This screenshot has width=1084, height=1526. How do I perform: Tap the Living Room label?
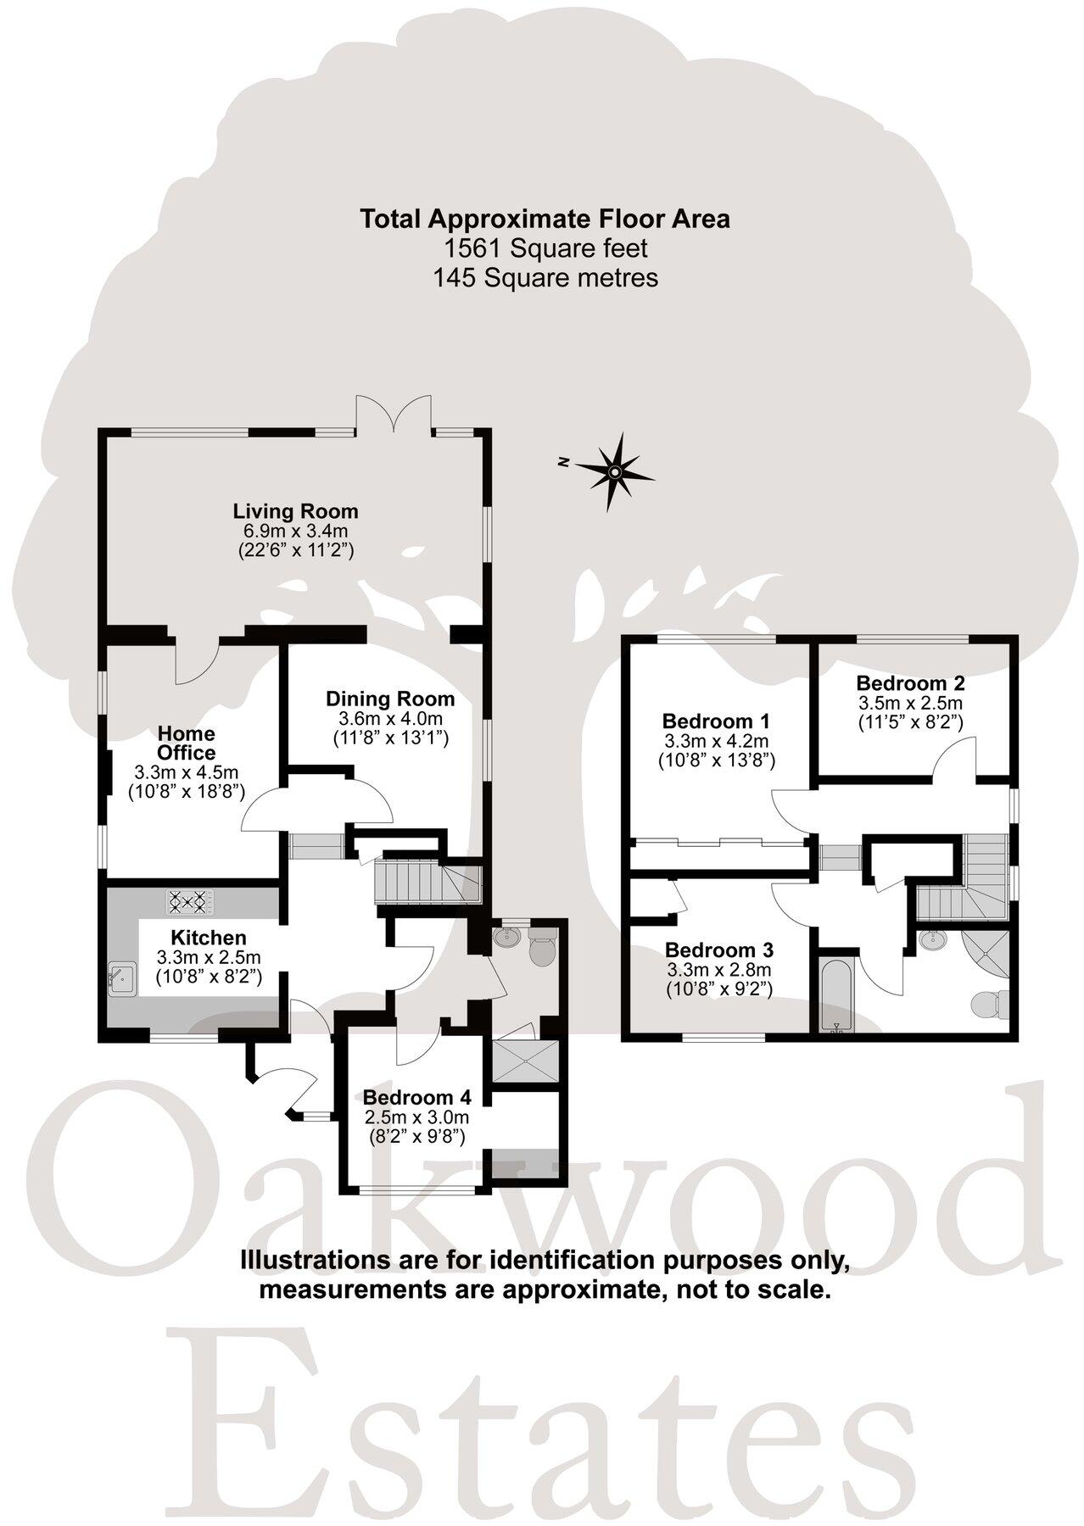[295, 511]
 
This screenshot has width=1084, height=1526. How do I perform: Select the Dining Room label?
[390, 699]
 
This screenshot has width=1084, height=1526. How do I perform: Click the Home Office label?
[186, 743]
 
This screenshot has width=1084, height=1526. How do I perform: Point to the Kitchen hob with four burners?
[191, 901]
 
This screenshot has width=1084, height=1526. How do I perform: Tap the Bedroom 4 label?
[416, 1096]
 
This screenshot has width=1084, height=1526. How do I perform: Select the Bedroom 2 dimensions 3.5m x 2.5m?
[910, 703]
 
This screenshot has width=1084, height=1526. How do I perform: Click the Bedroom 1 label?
[716, 721]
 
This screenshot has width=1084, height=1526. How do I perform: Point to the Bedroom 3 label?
[718, 950]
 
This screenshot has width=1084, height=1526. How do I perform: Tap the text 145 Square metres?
[545, 277]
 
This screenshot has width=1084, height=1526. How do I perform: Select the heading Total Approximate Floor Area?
[545, 219]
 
